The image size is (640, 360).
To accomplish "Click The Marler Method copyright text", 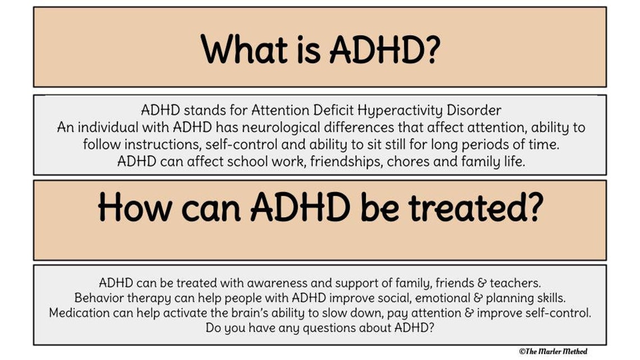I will click(553, 351).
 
